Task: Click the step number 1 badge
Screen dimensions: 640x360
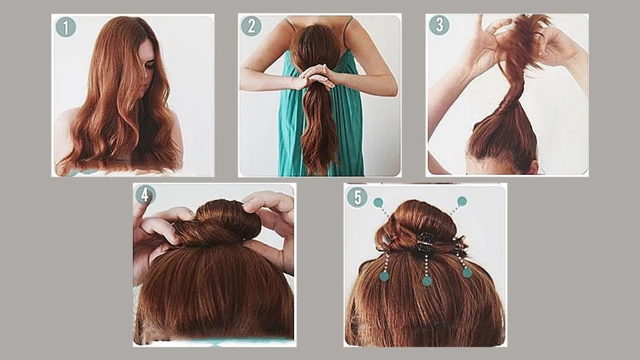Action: pos(66,27)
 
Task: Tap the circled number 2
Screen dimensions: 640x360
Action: pos(251,26)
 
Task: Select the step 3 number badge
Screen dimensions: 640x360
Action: pos(439,25)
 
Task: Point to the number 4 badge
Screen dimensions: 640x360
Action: pos(146,195)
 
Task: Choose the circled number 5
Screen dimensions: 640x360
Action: pos(357,197)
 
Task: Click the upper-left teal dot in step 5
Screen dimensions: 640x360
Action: pos(378,203)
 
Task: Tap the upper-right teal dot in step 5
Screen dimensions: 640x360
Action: pos(462,201)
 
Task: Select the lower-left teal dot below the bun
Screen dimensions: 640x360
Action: pos(385,276)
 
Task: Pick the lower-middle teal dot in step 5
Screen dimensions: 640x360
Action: pos(427,281)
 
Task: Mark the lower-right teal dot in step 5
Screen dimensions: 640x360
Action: pos(467,273)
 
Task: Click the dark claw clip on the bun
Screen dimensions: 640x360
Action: pos(425,243)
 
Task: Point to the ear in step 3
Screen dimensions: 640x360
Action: pos(534,167)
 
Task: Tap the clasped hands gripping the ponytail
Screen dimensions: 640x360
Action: pos(314,77)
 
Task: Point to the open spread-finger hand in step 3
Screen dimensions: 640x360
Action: pos(486,43)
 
